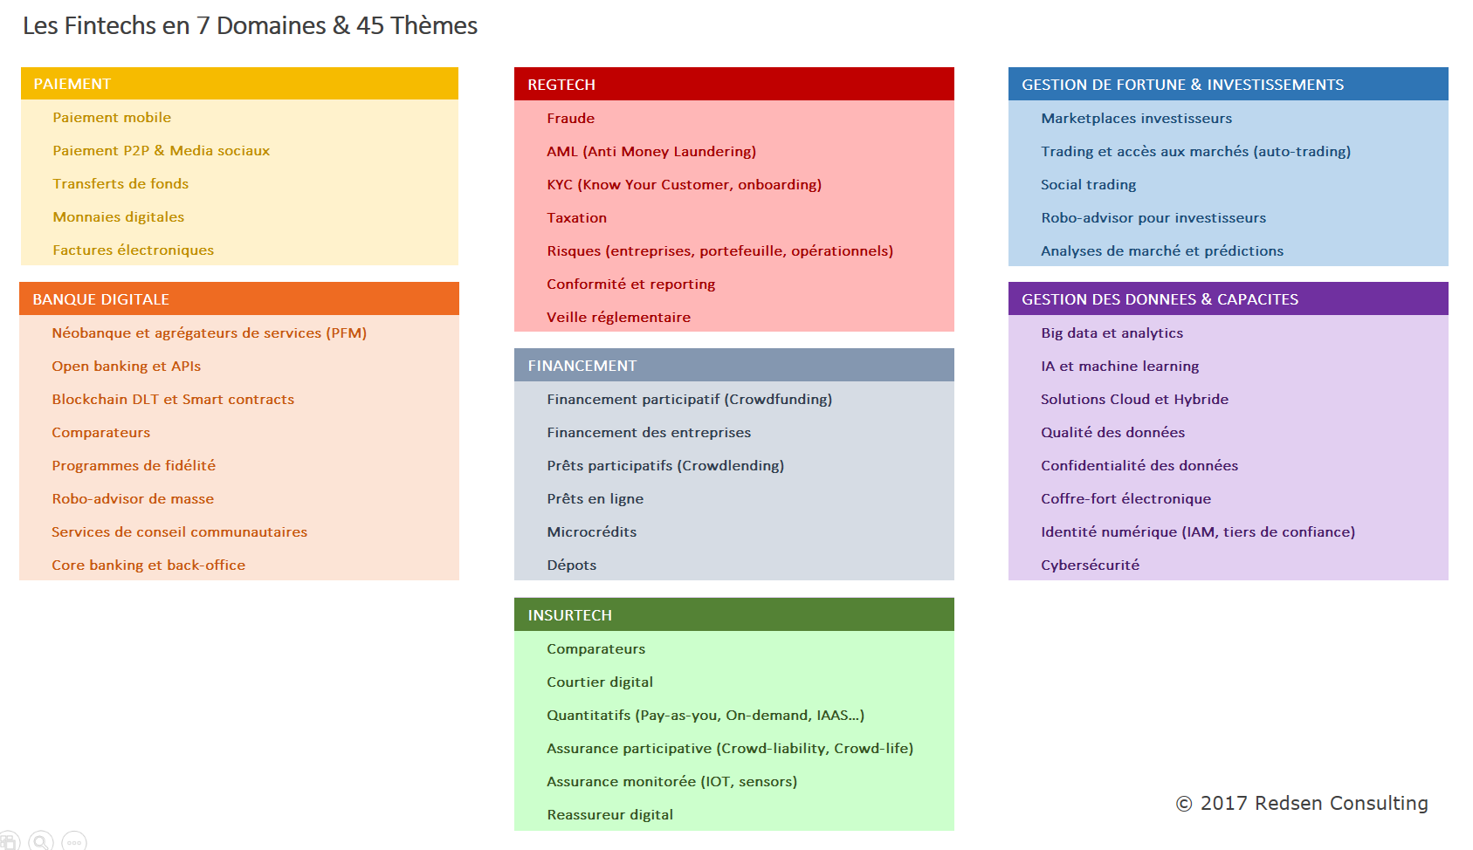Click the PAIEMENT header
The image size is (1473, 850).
pyautogui.click(x=239, y=84)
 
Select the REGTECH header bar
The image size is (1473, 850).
pyautogui.click(x=733, y=84)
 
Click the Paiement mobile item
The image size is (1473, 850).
pyautogui.click(x=112, y=118)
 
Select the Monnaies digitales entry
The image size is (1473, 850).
pyautogui.click(x=119, y=217)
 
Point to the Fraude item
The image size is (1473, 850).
pyautogui.click(x=571, y=119)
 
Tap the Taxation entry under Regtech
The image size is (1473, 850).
pyautogui.click(x=576, y=217)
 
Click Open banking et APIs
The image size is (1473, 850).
pyautogui.click(x=127, y=367)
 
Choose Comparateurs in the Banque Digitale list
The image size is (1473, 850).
pyautogui.click(x=101, y=433)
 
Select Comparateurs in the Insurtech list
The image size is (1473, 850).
pyautogui.click(x=595, y=648)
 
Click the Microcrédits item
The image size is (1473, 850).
pyautogui.click(x=592, y=531)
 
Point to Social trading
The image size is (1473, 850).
pyautogui.click(x=1088, y=185)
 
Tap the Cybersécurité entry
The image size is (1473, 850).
pyautogui.click(x=1091, y=565)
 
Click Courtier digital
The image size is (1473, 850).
pyautogui.click(x=600, y=682)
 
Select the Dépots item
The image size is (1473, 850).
pyautogui.click(x=571, y=565)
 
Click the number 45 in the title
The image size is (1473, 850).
pyautogui.click(x=369, y=25)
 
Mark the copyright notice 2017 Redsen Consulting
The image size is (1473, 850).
pyautogui.click(x=1302, y=804)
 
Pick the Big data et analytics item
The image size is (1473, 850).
pyautogui.click(x=1112, y=333)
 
